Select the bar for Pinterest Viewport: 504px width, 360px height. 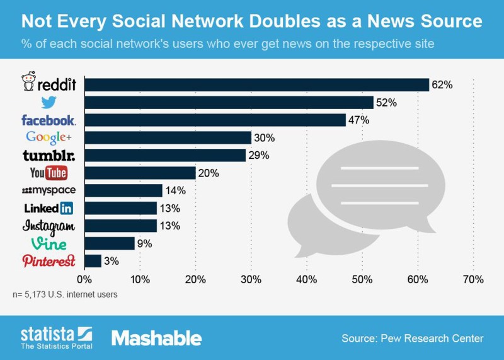coord(93,261)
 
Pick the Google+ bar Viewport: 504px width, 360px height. coord(168,137)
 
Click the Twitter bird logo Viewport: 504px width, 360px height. coord(49,103)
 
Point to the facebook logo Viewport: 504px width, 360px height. coord(49,120)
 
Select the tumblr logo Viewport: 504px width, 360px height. coord(49,155)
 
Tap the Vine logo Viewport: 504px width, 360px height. coord(49,243)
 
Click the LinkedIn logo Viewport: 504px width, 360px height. coord(49,208)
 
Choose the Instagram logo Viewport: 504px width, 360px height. coord(49,226)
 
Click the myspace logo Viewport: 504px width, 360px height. coord(49,190)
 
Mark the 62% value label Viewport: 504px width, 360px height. coord(442,84)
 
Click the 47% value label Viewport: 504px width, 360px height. coord(358,120)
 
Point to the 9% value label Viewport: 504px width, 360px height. coord(144,243)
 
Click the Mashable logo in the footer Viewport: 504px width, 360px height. coord(156,338)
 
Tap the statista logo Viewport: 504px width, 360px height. coord(56,337)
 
